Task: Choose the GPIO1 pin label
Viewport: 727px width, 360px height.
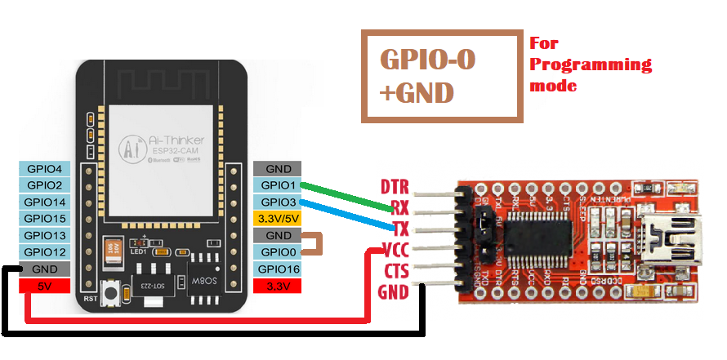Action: pos(278,185)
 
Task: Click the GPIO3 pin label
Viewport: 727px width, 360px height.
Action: pos(278,202)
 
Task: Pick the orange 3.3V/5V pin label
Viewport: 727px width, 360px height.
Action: pos(278,219)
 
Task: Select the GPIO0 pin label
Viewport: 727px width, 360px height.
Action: pos(278,252)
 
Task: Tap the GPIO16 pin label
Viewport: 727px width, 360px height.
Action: pos(278,269)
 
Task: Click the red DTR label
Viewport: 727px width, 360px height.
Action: pos(395,187)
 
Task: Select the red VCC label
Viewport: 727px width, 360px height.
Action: pos(395,250)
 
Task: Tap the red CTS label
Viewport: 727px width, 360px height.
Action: pos(395,271)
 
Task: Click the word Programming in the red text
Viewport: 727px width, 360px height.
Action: pos(591,64)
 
